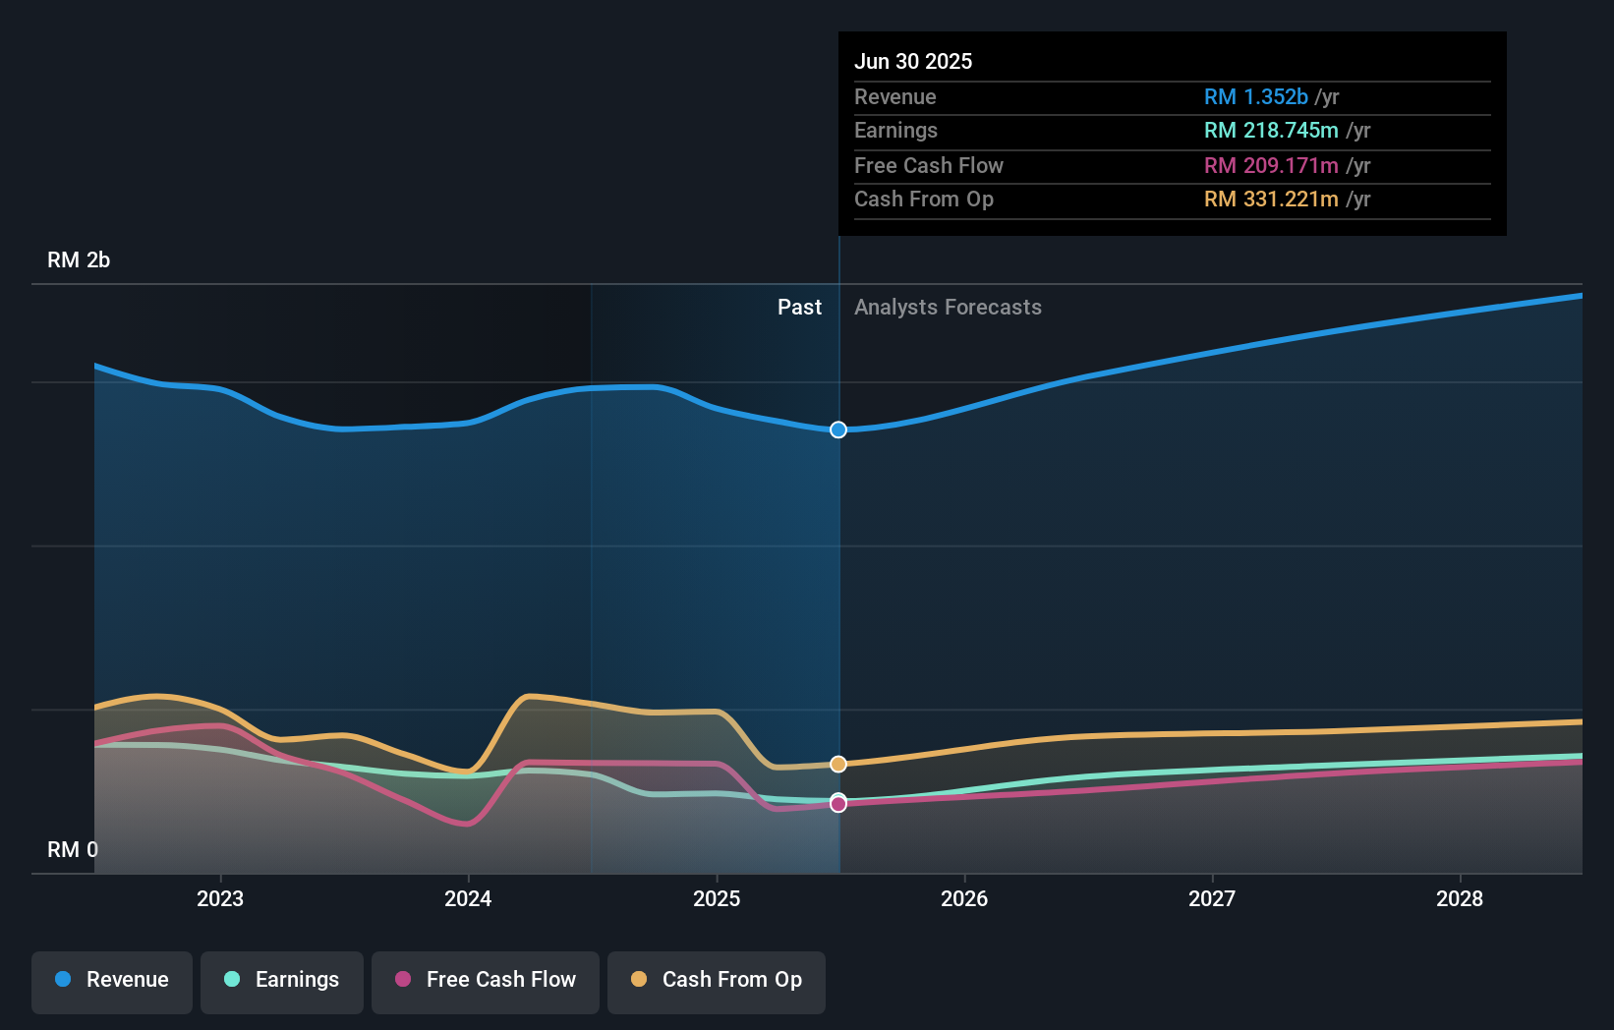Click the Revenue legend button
click(x=112, y=981)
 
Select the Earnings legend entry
click(x=282, y=981)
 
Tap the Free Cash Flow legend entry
click(x=486, y=981)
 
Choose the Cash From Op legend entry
click(x=717, y=981)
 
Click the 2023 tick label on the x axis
click(x=220, y=899)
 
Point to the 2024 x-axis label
click(x=468, y=899)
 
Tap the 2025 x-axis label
click(x=717, y=899)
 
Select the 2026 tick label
click(x=964, y=899)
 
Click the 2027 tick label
click(x=1212, y=899)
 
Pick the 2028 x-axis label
click(x=1460, y=899)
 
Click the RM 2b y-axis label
click(x=79, y=260)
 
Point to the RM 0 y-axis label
click(x=73, y=850)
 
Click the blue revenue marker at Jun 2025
click(x=838, y=430)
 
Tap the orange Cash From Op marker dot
click(x=838, y=765)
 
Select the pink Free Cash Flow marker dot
click(x=838, y=805)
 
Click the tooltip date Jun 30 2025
click(x=913, y=62)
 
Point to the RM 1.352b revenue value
click(x=1255, y=97)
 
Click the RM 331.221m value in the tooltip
click(x=1271, y=200)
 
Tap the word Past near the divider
click(x=799, y=308)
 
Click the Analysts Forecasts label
click(x=948, y=308)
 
